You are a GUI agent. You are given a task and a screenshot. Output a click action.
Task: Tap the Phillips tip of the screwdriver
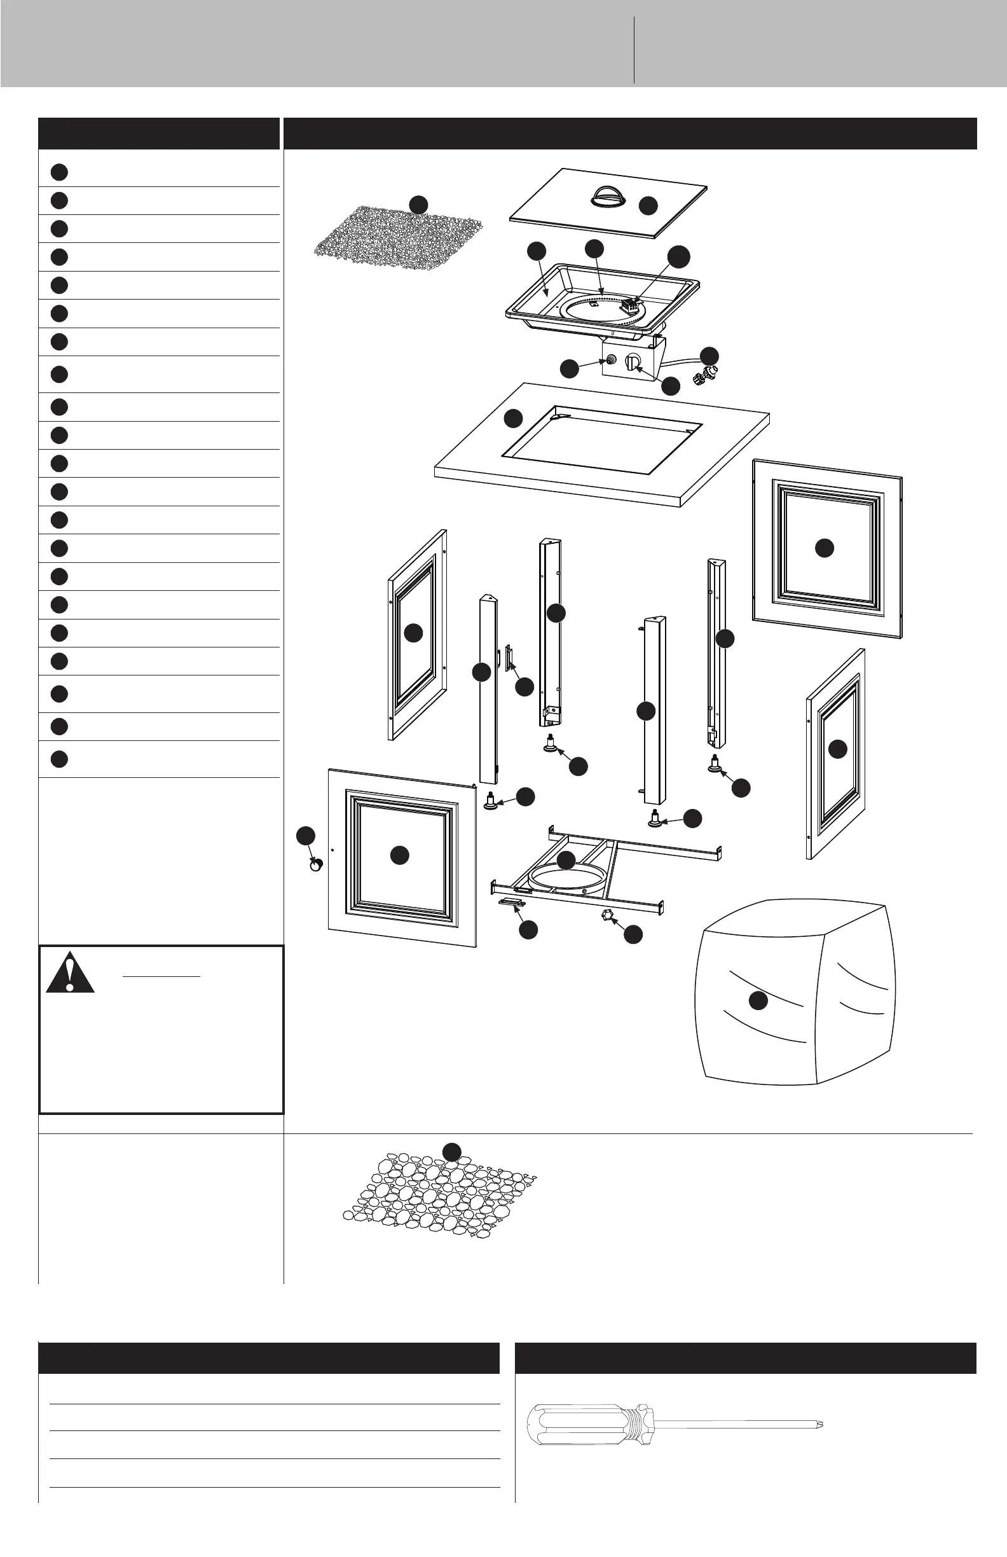click(819, 1423)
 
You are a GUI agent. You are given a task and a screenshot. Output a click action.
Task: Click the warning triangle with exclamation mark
click(70, 974)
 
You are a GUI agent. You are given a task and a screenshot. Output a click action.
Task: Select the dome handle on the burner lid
click(608, 197)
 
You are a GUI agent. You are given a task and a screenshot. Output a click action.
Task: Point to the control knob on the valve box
click(633, 362)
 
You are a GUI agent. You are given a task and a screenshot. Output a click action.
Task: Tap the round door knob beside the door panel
click(316, 866)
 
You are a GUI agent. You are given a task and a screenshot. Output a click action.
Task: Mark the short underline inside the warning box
click(161, 977)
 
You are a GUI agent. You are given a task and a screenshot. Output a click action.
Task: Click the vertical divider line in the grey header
click(634, 50)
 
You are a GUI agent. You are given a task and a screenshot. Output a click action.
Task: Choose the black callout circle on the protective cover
click(758, 1000)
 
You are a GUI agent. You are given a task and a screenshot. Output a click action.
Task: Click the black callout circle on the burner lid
click(648, 205)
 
